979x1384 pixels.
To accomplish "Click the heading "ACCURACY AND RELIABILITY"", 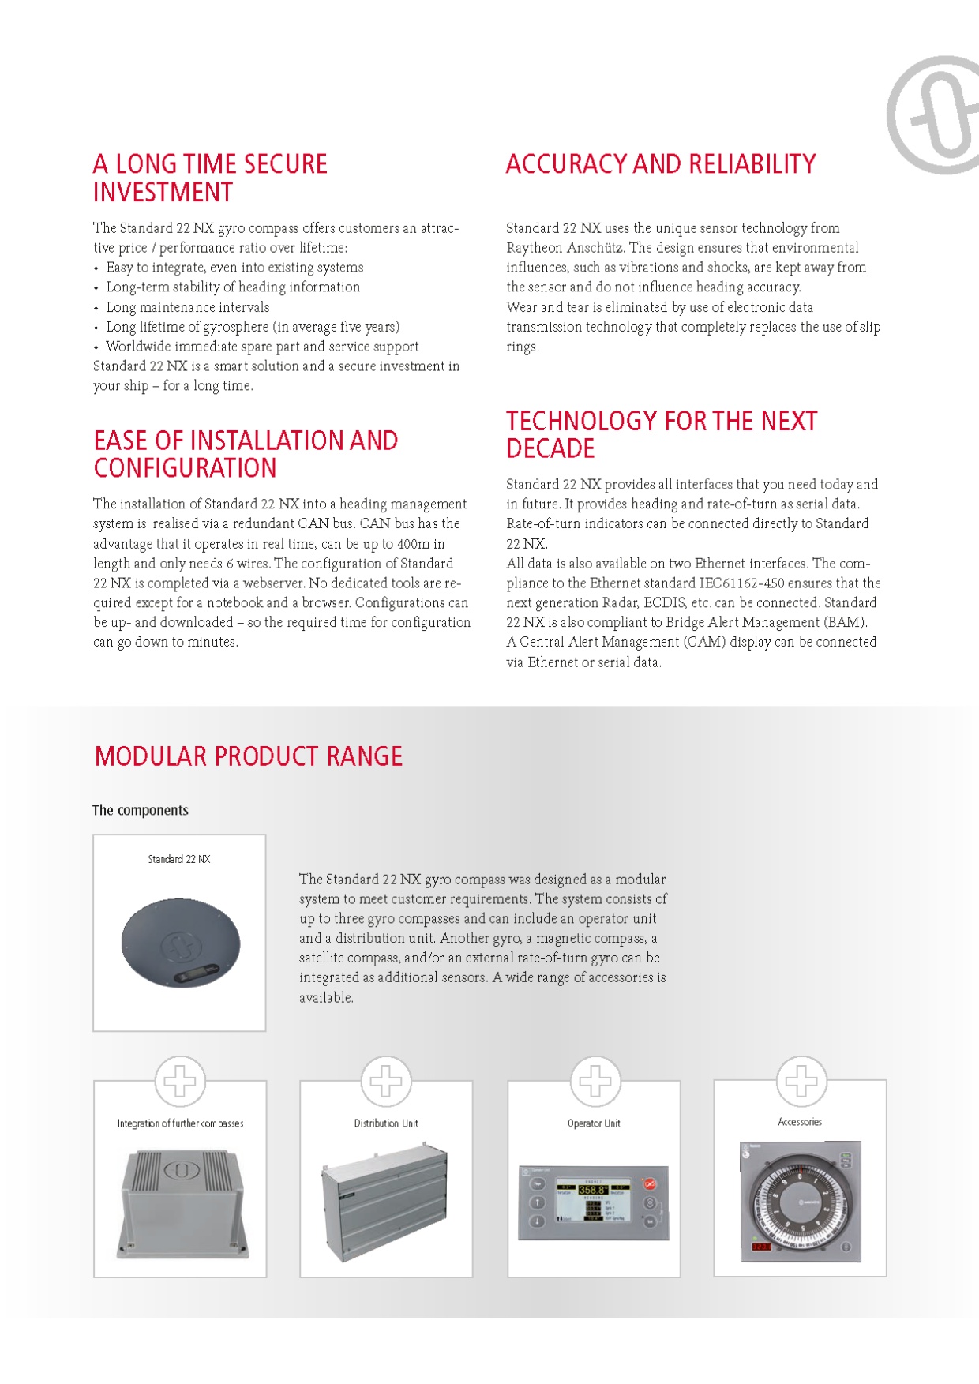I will pos(661,164).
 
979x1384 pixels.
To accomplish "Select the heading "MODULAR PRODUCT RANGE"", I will pos(249,756).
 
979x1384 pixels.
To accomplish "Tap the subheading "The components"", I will pos(141,810).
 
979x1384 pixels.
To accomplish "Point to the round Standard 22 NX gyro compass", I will pos(180,942).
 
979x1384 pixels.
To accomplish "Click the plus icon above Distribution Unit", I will pos(386,1081).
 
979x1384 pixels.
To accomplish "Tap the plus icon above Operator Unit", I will pos(595,1081).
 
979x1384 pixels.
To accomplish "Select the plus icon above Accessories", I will pos(801,1081).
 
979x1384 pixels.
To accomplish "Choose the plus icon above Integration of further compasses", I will pos(180,1081).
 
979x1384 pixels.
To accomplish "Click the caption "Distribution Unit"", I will pos(386,1123).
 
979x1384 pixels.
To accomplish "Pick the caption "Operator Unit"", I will pos(594,1123).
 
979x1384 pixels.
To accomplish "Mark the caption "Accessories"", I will pos(800,1122).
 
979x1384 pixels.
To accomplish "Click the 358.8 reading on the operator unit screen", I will pos(593,1190).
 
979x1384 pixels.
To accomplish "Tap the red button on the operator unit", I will pos(649,1184).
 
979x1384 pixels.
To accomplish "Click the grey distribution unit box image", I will pos(384,1200).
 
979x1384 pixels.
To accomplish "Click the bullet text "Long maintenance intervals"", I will pos(188,307).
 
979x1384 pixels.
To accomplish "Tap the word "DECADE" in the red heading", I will pos(550,448).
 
